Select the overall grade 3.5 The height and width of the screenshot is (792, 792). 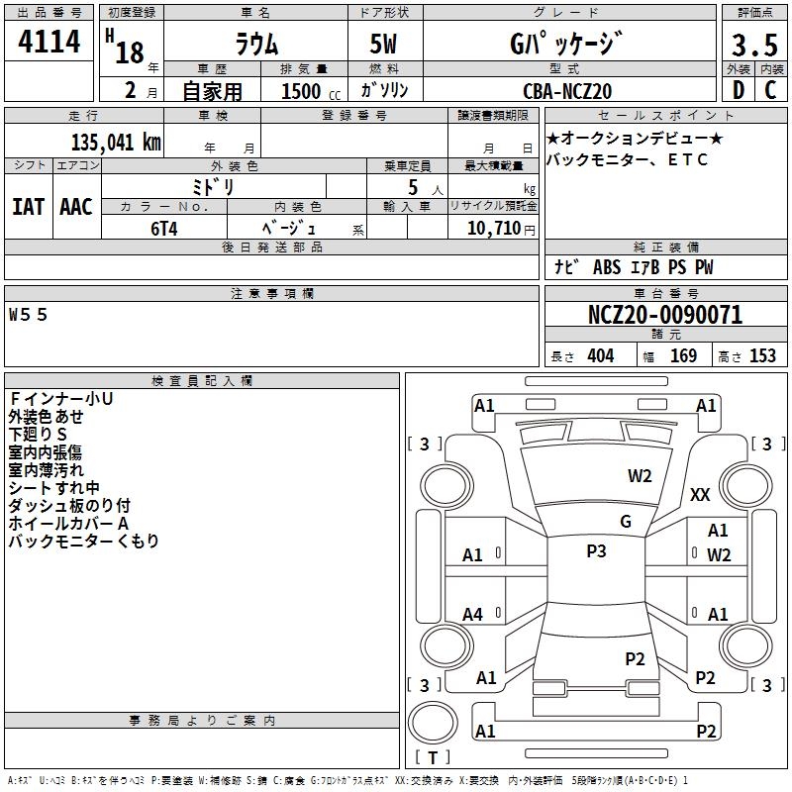click(x=752, y=46)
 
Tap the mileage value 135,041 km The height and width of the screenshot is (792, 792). click(x=116, y=142)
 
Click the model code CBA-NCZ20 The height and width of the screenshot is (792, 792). click(x=567, y=91)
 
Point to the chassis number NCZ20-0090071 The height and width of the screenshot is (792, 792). click(x=664, y=316)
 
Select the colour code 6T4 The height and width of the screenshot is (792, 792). click(x=163, y=227)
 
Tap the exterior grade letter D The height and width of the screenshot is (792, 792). click(x=738, y=90)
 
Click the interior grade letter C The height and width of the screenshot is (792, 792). click(x=770, y=90)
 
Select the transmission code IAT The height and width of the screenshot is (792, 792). click(x=28, y=207)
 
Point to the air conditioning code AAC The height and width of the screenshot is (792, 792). click(x=75, y=207)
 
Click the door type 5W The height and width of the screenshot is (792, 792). click(x=384, y=46)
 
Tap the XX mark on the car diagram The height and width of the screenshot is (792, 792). click(x=700, y=495)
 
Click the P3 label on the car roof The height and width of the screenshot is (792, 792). click(x=596, y=551)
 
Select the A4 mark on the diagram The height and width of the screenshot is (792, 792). click(x=472, y=615)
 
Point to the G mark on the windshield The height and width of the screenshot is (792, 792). click(x=625, y=522)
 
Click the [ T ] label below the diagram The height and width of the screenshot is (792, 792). click(x=433, y=757)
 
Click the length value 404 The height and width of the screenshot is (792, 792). click(x=600, y=356)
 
